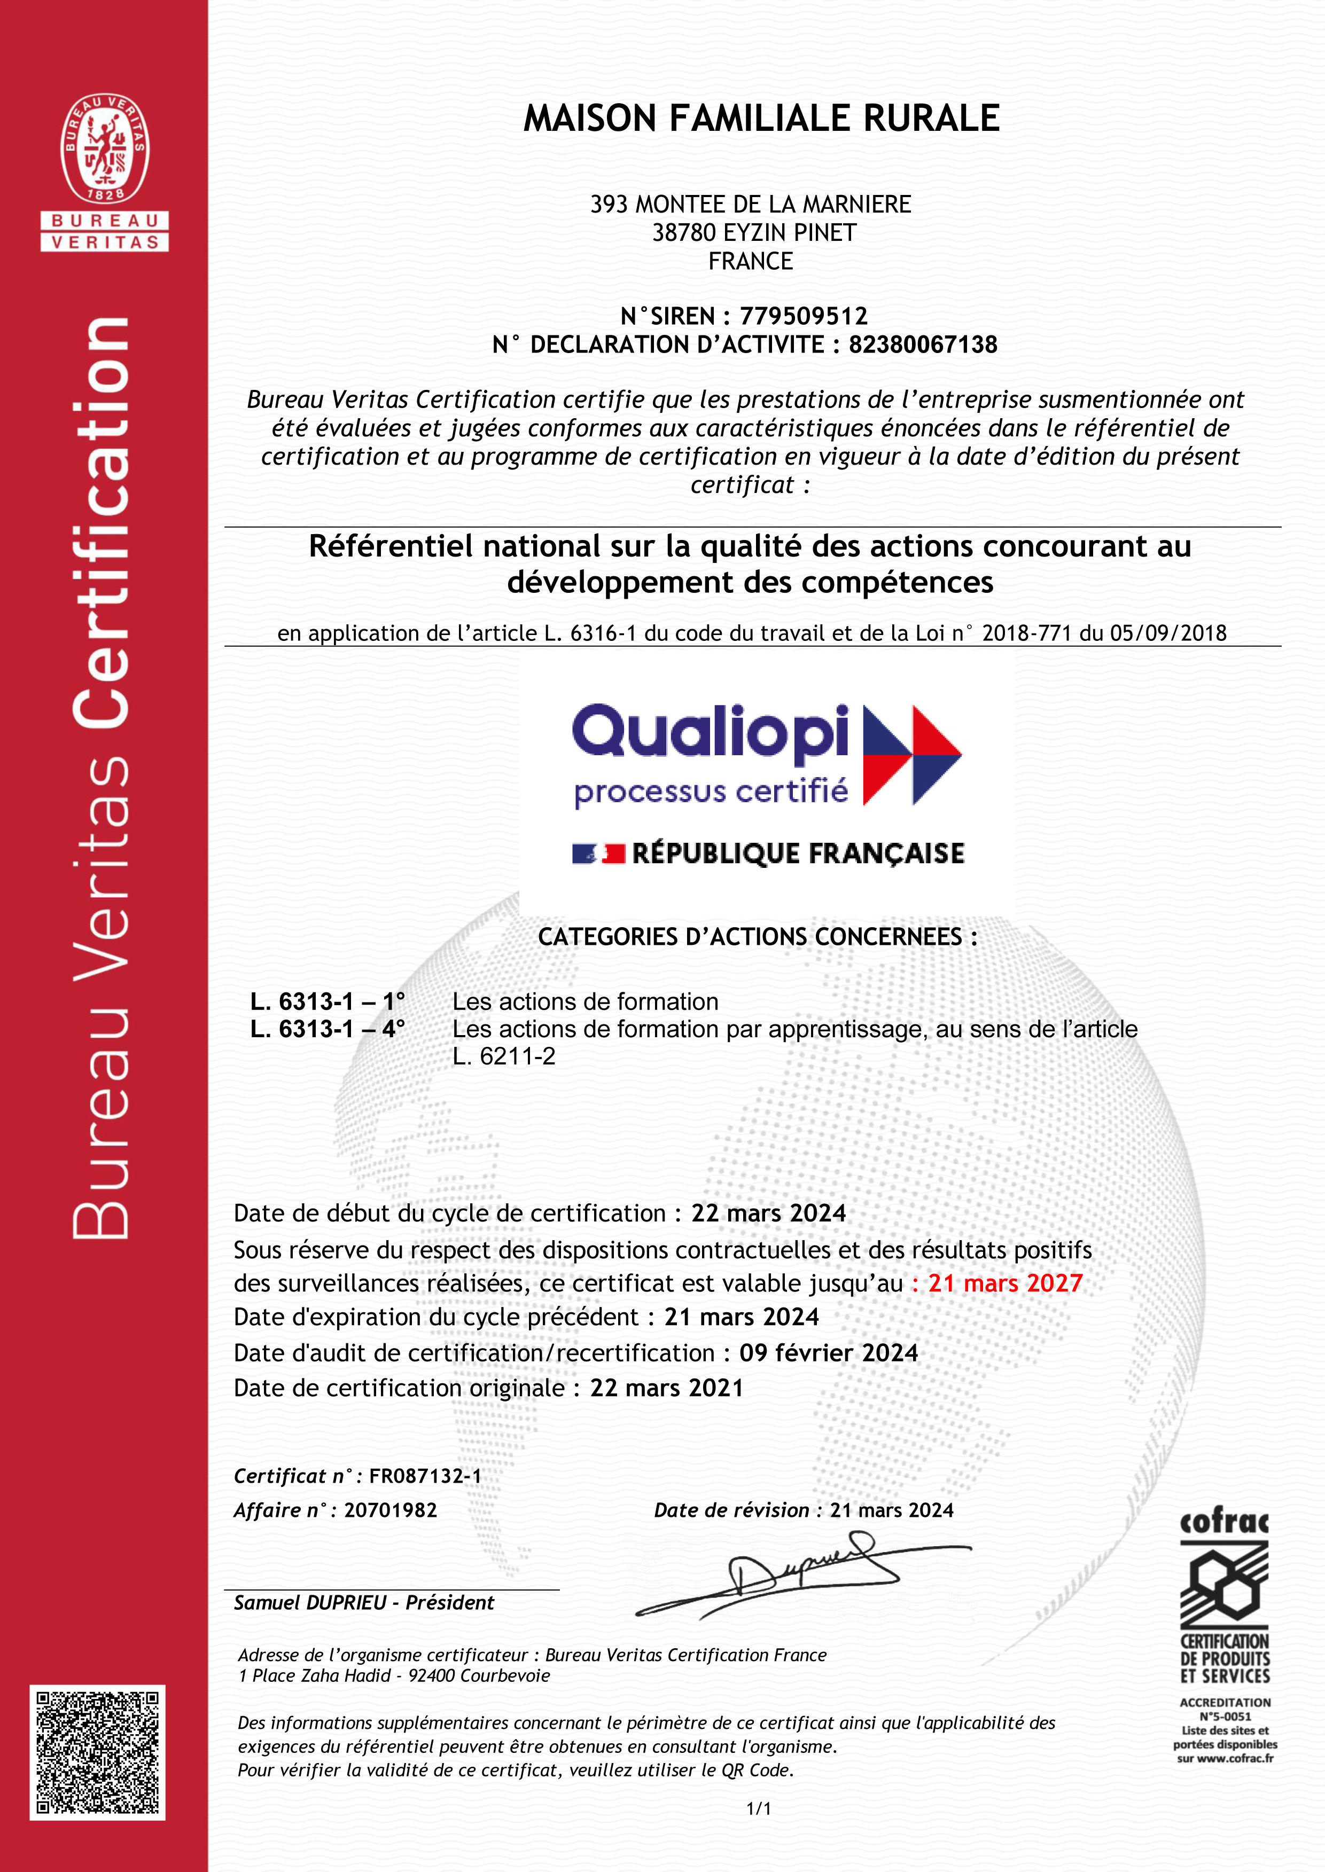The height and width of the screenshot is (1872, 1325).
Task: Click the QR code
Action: coord(98,1752)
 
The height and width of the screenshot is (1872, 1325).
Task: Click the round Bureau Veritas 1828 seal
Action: coord(104,148)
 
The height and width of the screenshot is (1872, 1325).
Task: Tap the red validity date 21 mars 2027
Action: coord(1005,1283)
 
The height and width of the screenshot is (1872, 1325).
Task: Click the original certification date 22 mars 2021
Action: coord(667,1388)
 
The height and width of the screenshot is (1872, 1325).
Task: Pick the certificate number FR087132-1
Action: coord(425,1476)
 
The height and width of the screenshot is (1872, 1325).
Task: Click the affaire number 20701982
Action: coord(391,1510)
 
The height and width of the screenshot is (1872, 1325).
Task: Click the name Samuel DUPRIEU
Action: coord(310,1603)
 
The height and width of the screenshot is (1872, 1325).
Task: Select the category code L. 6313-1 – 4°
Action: coord(327,1029)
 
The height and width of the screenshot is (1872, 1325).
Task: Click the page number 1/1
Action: coord(759,1809)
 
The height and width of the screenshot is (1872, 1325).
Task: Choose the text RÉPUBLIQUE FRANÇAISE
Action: coord(798,853)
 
